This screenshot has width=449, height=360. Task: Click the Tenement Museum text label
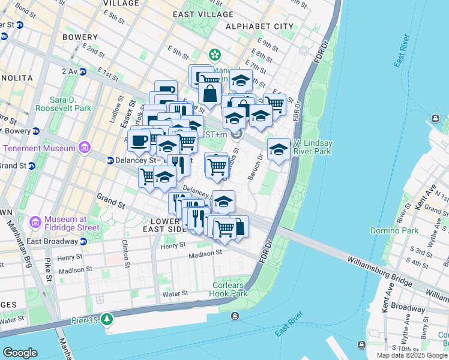click(x=39, y=148)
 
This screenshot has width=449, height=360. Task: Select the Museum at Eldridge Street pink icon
click(x=35, y=223)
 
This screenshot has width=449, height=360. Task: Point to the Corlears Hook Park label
click(x=229, y=289)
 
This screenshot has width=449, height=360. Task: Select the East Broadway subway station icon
click(x=83, y=241)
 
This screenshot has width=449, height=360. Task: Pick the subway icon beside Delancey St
click(x=110, y=160)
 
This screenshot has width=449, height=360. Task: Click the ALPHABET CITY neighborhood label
click(x=259, y=26)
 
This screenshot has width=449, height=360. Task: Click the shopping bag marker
click(x=209, y=94)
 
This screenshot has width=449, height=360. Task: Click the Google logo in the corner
click(x=20, y=352)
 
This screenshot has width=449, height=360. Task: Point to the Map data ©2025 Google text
click(x=411, y=355)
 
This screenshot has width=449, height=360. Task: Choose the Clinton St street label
click(x=125, y=251)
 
